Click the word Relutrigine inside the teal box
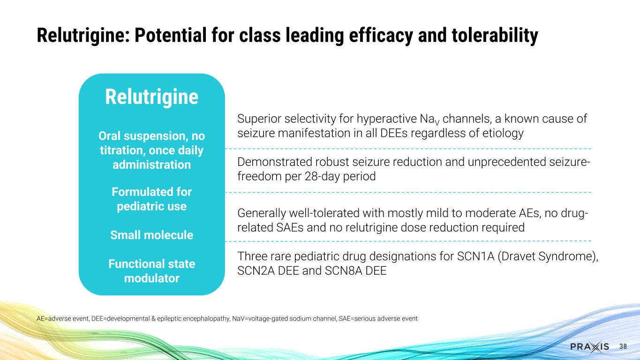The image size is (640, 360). pos(151,97)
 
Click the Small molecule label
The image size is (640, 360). pos(151,235)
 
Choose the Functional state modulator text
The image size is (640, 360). pos(151,271)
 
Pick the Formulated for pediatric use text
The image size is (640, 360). pos(151,199)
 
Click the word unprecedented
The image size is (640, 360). pos(507,162)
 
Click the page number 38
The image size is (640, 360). pos(623,346)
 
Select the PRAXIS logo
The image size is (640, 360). pos(589,346)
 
